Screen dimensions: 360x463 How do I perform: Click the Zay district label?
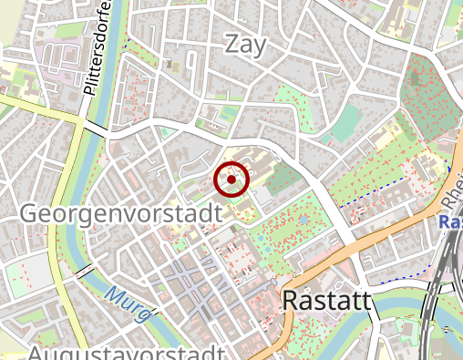click(245, 44)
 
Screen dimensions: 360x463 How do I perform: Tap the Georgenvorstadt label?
click(120, 214)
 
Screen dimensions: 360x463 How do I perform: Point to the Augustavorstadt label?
click(126, 352)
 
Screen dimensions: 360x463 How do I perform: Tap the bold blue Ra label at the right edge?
click(449, 222)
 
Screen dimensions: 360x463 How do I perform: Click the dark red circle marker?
click(231, 180)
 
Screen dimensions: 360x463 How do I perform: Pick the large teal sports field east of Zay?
click(345, 124)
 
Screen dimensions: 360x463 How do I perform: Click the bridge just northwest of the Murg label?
click(85, 272)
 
